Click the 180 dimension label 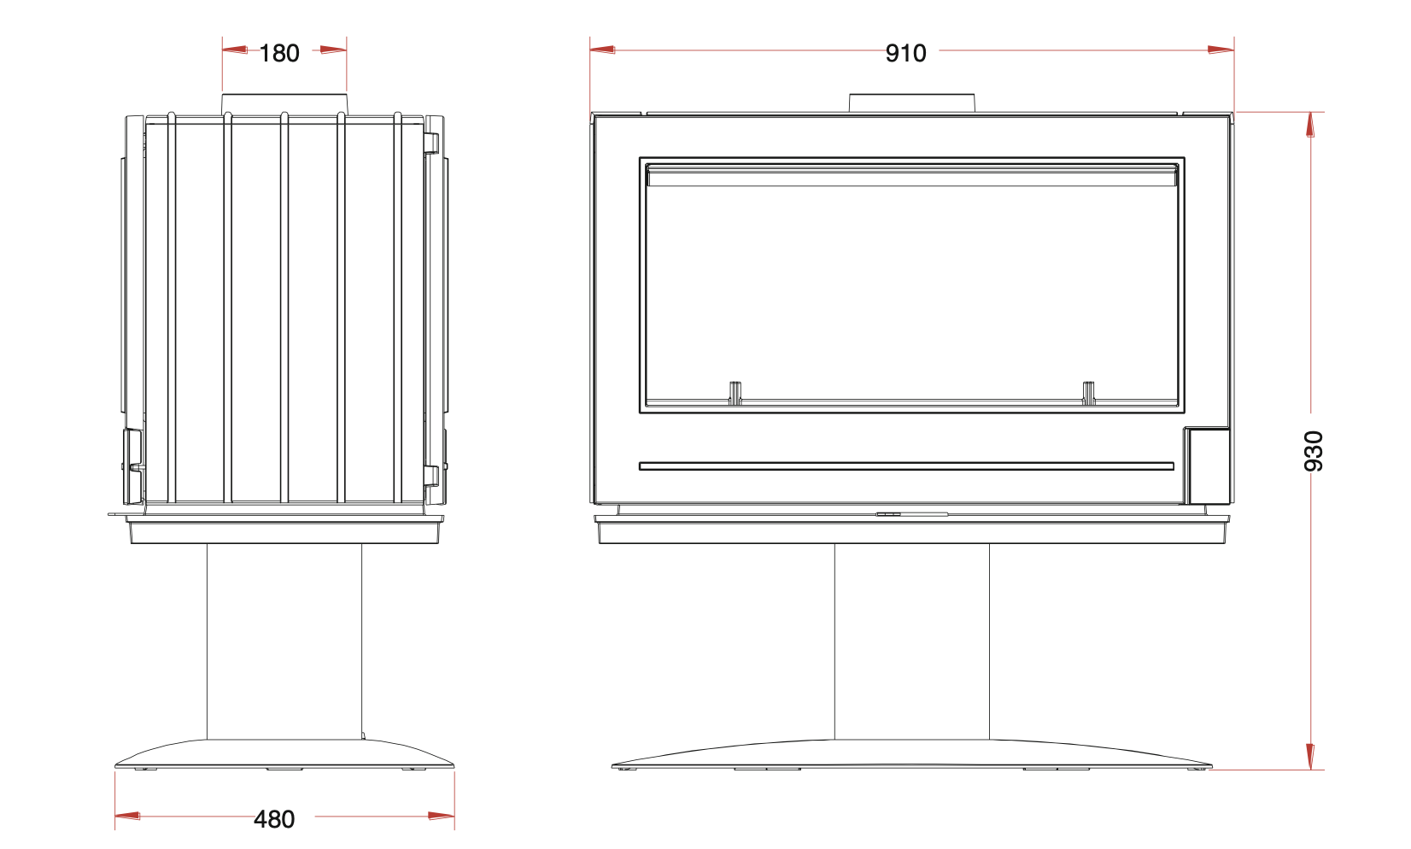(279, 53)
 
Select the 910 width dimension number (905, 53)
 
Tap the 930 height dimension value (1314, 450)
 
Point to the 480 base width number (274, 819)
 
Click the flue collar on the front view (912, 102)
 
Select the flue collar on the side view (284, 103)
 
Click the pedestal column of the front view (911, 641)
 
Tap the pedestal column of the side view (284, 641)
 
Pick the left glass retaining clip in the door (735, 393)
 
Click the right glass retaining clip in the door (1089, 393)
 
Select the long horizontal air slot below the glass (905, 466)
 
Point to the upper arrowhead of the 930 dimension (1310, 125)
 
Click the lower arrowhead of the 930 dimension (1310, 757)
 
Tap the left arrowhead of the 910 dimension (602, 50)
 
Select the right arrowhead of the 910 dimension (1221, 50)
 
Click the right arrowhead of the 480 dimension (442, 817)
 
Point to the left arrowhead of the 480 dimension (127, 817)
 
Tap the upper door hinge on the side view (432, 142)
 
